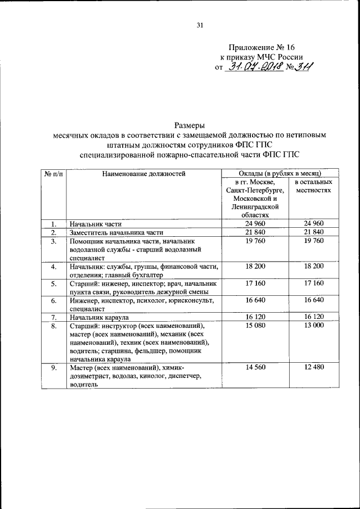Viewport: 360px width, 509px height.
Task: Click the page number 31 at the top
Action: (x=200, y=25)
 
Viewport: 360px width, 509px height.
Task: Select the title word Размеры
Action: (x=190, y=125)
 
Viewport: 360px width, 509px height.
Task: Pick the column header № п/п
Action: (x=53, y=174)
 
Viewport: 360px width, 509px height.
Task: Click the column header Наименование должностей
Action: (x=143, y=174)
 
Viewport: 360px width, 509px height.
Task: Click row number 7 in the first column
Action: (x=53, y=317)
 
